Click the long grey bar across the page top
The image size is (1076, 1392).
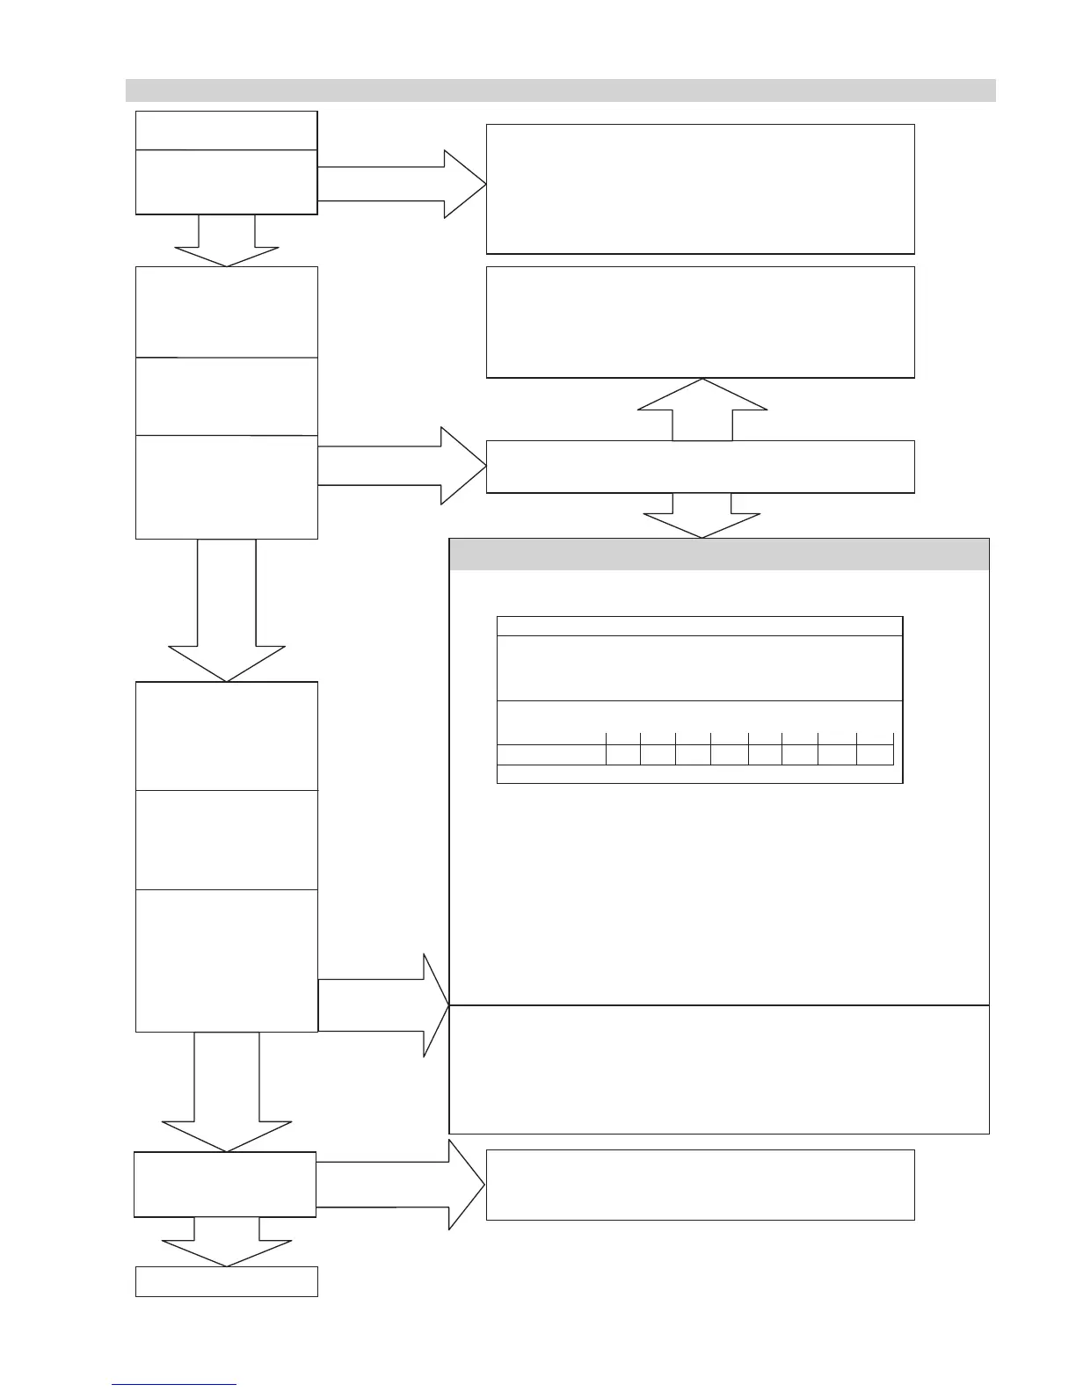click(560, 91)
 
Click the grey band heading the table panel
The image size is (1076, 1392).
click(719, 555)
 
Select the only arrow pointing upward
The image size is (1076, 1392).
click(702, 409)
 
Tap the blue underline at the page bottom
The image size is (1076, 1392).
click(174, 1384)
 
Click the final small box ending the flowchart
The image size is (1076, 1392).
click(226, 1281)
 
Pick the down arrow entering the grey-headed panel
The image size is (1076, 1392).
click(702, 516)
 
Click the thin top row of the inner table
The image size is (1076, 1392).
click(700, 626)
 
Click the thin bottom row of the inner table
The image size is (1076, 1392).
click(700, 773)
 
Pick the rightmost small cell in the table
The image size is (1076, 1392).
click(876, 754)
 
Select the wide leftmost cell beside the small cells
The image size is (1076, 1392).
click(551, 754)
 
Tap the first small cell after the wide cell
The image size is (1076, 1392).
click(623, 754)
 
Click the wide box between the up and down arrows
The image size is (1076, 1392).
click(701, 467)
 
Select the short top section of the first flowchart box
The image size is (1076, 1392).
click(226, 130)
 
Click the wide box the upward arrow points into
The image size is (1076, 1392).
click(701, 322)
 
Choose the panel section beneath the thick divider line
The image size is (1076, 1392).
click(719, 1069)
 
